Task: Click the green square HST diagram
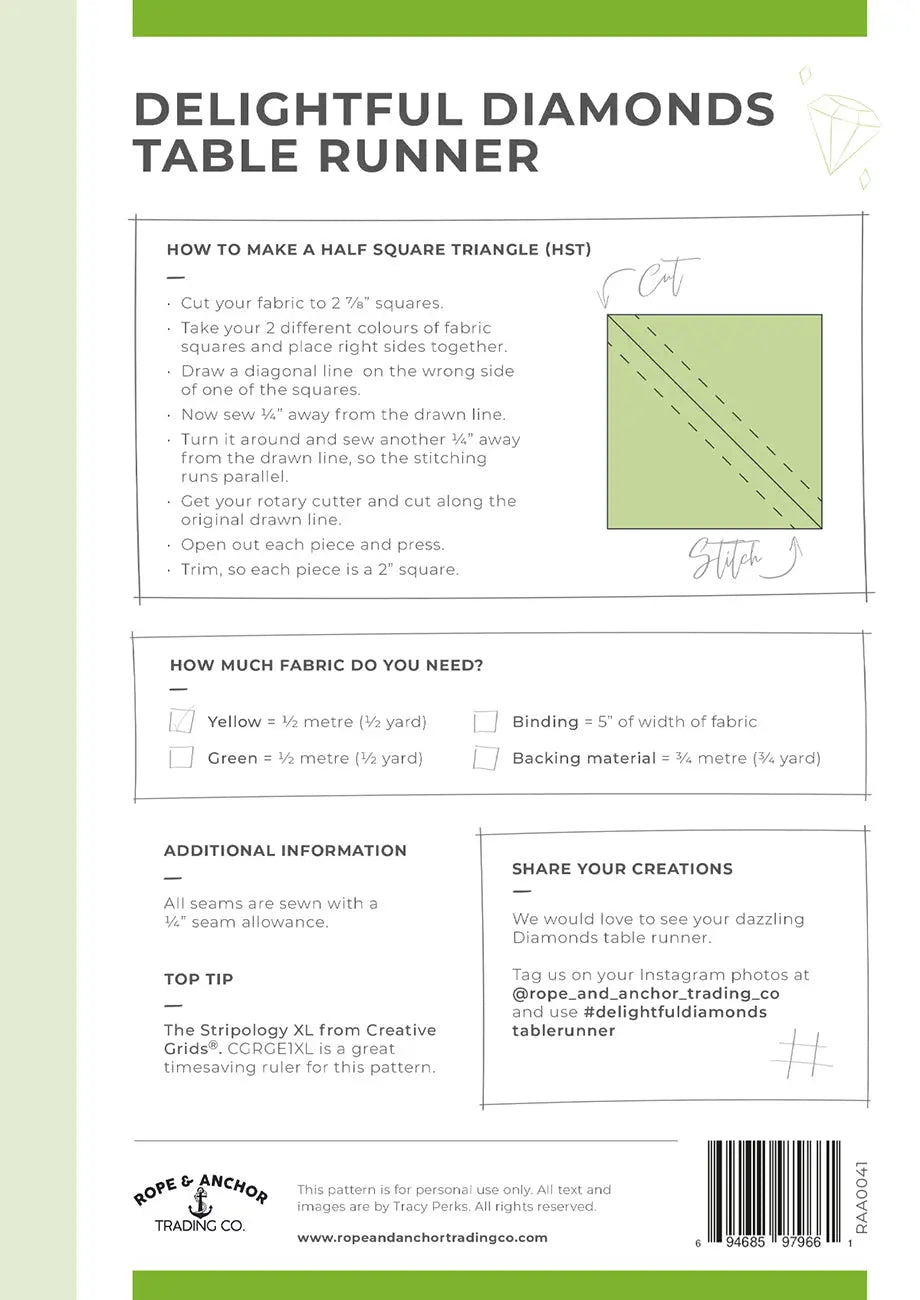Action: click(x=714, y=421)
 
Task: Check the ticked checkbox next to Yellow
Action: click(x=182, y=720)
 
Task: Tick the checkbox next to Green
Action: click(x=181, y=757)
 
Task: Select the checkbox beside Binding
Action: click(x=486, y=721)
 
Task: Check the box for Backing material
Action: click(x=486, y=758)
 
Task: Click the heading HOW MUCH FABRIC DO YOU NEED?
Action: click(x=326, y=665)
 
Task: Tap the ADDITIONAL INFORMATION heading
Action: click(x=285, y=851)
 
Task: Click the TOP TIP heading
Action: click(x=198, y=979)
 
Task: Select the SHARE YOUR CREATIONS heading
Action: click(x=622, y=869)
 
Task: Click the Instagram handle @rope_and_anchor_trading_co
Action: click(x=645, y=994)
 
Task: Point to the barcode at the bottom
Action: click(x=778, y=1186)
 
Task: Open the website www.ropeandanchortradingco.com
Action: click(x=422, y=1237)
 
